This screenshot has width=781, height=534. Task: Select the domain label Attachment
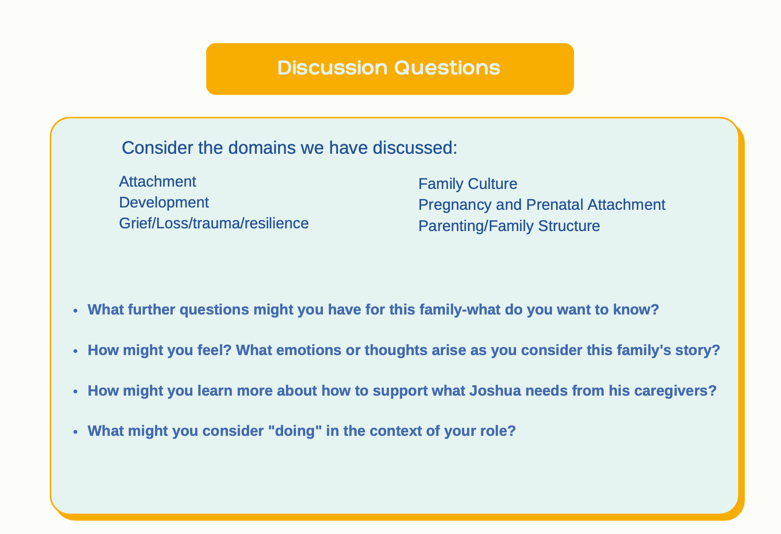click(x=158, y=182)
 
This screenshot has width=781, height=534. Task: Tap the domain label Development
click(x=164, y=202)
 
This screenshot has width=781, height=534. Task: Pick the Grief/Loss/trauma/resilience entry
click(x=214, y=223)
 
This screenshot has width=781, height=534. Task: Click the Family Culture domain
click(x=468, y=184)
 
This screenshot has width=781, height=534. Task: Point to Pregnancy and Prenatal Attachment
click(x=542, y=205)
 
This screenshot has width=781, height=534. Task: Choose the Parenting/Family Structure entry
click(x=509, y=226)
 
